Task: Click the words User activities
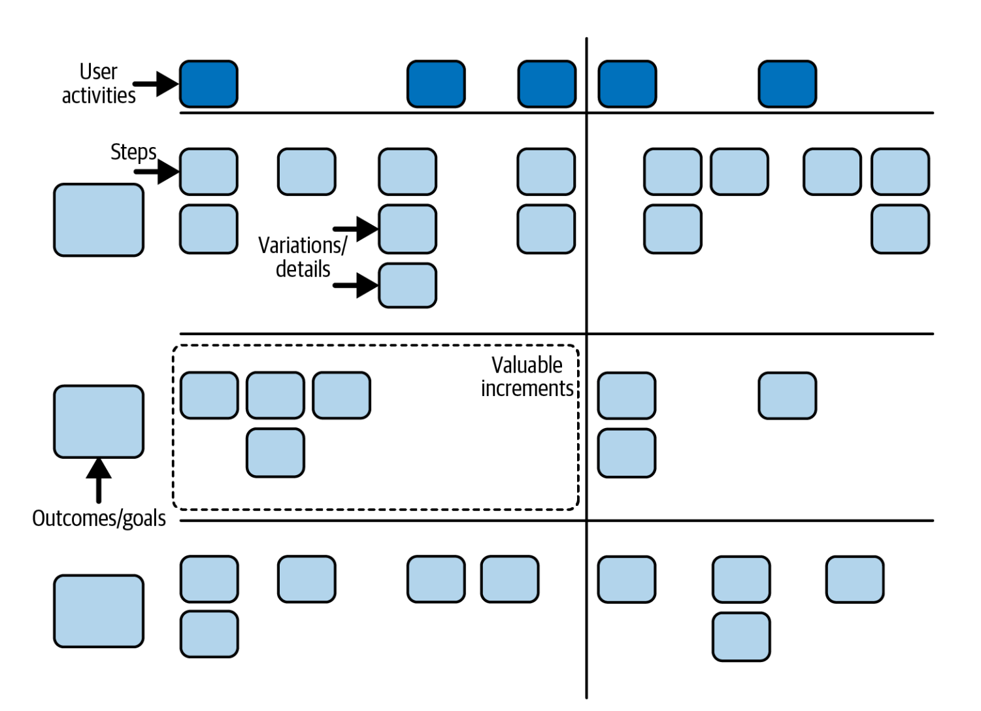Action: (x=99, y=84)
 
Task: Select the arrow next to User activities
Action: (x=156, y=84)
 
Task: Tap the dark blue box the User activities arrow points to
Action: (x=208, y=84)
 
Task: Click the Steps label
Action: (x=133, y=152)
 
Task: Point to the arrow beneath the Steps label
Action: (x=156, y=172)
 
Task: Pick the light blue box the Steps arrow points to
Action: (x=208, y=172)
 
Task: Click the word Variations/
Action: (x=303, y=245)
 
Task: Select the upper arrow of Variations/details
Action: (x=356, y=229)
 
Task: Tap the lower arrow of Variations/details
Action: (x=356, y=285)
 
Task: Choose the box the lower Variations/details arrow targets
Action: (x=407, y=286)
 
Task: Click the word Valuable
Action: (x=527, y=365)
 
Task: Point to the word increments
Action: (x=527, y=388)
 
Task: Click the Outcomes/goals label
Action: (x=99, y=518)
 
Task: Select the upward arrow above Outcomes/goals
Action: (x=99, y=480)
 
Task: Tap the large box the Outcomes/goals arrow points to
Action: (x=99, y=422)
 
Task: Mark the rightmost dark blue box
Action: (x=787, y=84)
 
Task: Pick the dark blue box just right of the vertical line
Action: (x=627, y=84)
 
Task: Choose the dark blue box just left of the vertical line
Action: (x=547, y=84)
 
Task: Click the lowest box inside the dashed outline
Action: (x=275, y=453)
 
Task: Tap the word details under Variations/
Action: (x=303, y=269)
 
